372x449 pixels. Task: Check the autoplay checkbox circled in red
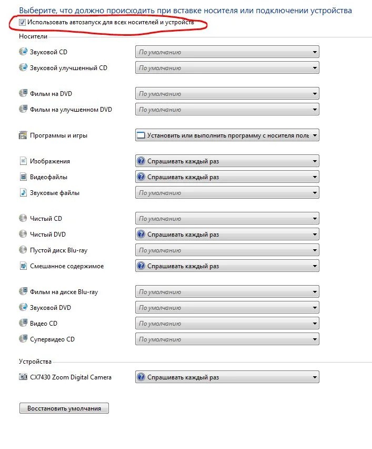coord(22,23)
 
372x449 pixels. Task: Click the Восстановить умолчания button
coord(64,408)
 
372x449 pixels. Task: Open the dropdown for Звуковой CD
coord(227,52)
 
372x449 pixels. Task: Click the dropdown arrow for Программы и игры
coord(315,135)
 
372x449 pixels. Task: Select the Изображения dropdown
coord(227,161)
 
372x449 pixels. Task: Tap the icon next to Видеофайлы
coord(23,177)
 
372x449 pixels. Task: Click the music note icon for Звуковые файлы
coord(23,193)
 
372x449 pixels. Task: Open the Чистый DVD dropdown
coord(227,235)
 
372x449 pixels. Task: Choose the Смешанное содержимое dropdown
coord(227,266)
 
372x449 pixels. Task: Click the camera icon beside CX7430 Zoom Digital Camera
coord(23,377)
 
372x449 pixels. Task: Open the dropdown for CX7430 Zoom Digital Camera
coord(227,377)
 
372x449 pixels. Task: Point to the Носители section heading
coord(33,36)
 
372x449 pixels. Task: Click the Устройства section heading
coord(35,362)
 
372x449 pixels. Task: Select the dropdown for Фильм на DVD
coord(227,94)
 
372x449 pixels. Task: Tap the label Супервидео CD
coord(52,339)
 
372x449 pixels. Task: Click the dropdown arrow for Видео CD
coord(315,324)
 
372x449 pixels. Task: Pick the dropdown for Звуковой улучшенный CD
coord(227,68)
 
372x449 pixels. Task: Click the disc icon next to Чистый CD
coord(23,219)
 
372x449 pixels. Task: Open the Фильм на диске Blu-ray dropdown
coord(227,292)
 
